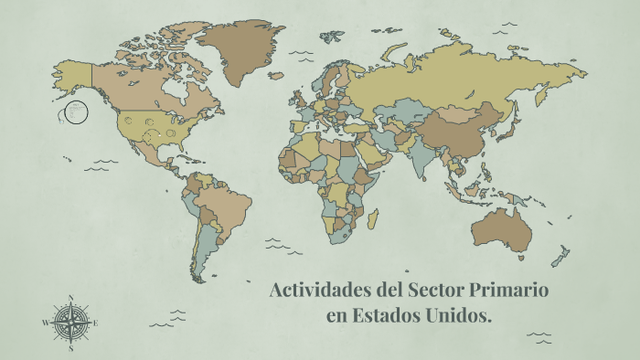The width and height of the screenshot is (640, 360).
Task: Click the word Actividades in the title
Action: coord(315,292)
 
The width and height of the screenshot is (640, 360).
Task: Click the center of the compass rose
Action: coord(70,323)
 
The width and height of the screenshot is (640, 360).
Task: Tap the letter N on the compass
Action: coord(70,297)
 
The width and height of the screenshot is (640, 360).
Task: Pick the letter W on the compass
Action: coord(45,323)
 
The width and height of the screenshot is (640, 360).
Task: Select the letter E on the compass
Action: coord(96,323)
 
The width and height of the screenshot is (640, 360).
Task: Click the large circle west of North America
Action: coord(76,112)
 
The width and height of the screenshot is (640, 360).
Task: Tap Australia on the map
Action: coord(499,228)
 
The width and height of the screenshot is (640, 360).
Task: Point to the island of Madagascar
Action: coord(372,219)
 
